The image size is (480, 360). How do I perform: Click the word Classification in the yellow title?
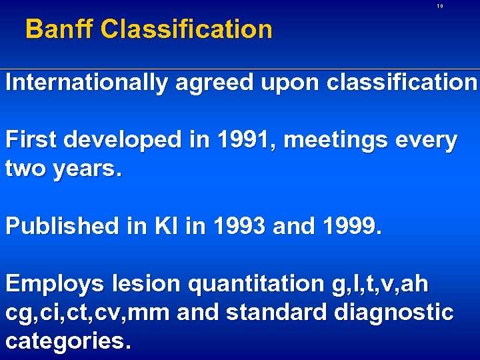click(187, 29)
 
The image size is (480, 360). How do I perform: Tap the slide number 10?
click(440, 6)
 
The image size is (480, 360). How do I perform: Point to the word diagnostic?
click(402, 313)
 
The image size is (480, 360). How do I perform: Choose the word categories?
click(66, 341)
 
